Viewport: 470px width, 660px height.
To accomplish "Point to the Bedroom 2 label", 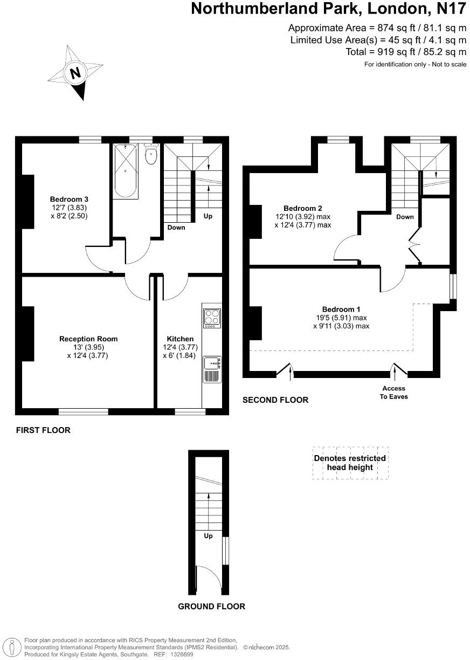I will point(302,208).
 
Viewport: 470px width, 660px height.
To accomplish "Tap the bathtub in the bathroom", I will point(126,171).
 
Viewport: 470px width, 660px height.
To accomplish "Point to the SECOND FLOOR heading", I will point(275,400).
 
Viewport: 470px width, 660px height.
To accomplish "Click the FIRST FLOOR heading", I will point(43,430).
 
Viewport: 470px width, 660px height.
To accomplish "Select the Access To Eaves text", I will point(395,392).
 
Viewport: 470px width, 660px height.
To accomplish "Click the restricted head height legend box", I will point(350,463).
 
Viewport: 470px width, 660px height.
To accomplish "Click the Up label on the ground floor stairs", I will point(208,536).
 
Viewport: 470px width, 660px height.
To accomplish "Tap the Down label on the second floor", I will point(405,217).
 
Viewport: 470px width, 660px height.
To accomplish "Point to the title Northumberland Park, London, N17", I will point(329,9).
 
